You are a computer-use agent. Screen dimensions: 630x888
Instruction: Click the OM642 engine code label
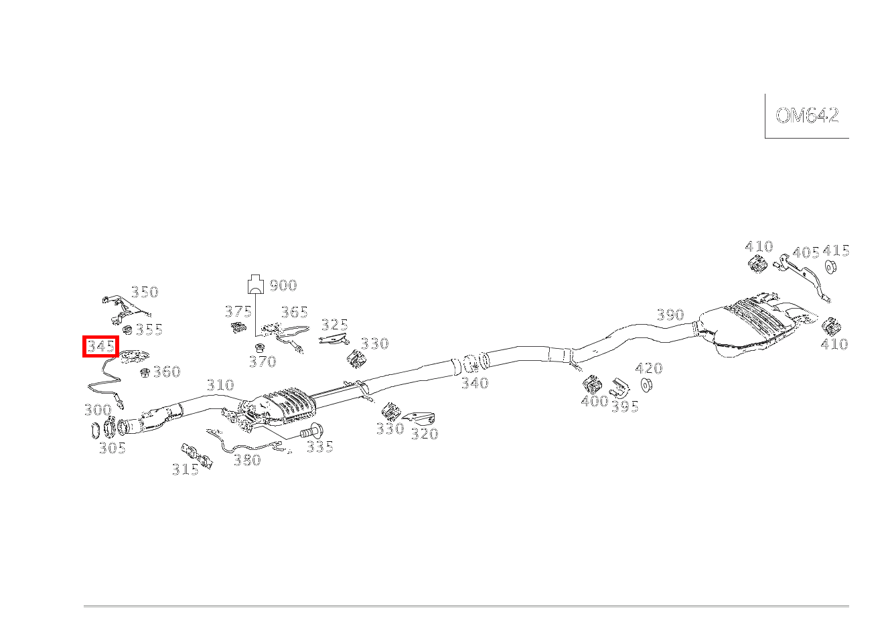tap(807, 116)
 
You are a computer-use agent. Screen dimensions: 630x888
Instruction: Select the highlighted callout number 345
tap(100, 347)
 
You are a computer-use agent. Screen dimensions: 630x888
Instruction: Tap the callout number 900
tap(283, 286)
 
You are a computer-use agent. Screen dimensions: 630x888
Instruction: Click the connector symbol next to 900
tap(255, 284)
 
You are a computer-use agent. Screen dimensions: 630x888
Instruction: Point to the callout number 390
tap(670, 315)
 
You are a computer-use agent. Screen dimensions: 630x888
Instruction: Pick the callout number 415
tap(836, 251)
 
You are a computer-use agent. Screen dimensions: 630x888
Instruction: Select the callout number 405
tap(806, 253)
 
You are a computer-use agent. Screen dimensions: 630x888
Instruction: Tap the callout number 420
tap(648, 368)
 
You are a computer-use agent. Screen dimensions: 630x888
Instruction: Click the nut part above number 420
tap(647, 386)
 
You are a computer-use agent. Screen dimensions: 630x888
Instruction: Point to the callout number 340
tap(474, 384)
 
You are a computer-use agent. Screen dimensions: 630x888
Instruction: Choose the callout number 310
tap(220, 385)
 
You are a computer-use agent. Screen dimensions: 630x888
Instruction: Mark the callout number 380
tap(246, 460)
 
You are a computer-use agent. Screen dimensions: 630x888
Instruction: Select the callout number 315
tap(185, 469)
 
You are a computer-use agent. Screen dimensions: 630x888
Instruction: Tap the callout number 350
tap(145, 292)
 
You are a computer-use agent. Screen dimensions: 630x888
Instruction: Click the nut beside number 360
tap(145, 372)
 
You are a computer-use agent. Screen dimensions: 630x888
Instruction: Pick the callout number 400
tap(594, 401)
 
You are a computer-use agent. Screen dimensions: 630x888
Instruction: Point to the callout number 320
tap(424, 434)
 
